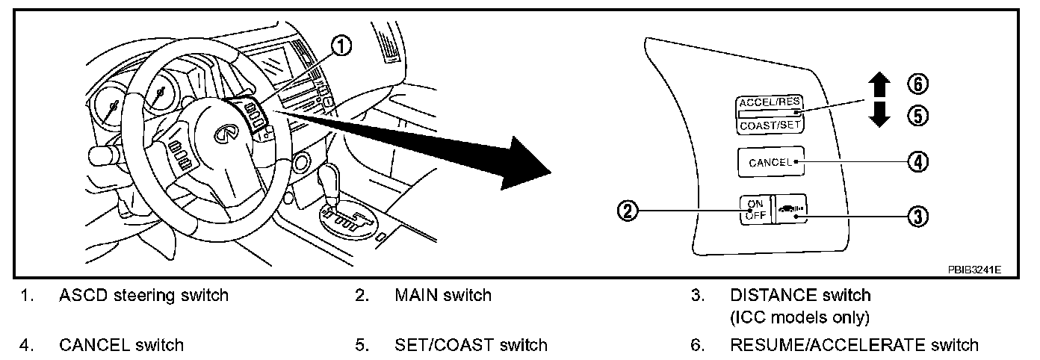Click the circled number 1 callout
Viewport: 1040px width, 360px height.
341,47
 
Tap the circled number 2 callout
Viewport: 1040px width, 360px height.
628,211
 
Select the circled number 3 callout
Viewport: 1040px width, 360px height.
917,216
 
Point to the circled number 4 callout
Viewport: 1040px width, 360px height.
917,161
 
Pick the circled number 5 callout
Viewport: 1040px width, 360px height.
917,116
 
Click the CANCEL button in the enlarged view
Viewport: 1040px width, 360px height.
770,161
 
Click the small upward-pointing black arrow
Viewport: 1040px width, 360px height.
880,84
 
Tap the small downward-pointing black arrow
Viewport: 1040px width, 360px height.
880,116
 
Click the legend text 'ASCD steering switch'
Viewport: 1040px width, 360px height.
143,295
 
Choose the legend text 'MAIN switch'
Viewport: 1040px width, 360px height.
442,295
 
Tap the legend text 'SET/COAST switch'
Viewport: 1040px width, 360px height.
471,345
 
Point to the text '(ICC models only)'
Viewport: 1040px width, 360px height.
799,317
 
